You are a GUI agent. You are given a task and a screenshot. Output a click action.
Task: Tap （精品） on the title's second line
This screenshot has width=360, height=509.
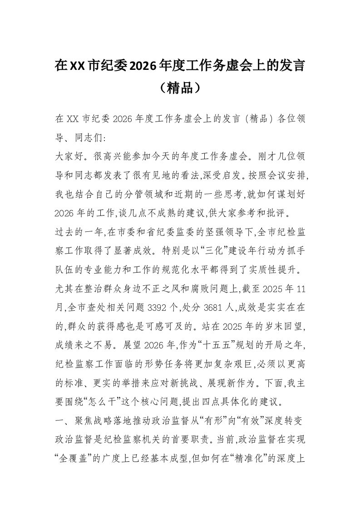(180, 88)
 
